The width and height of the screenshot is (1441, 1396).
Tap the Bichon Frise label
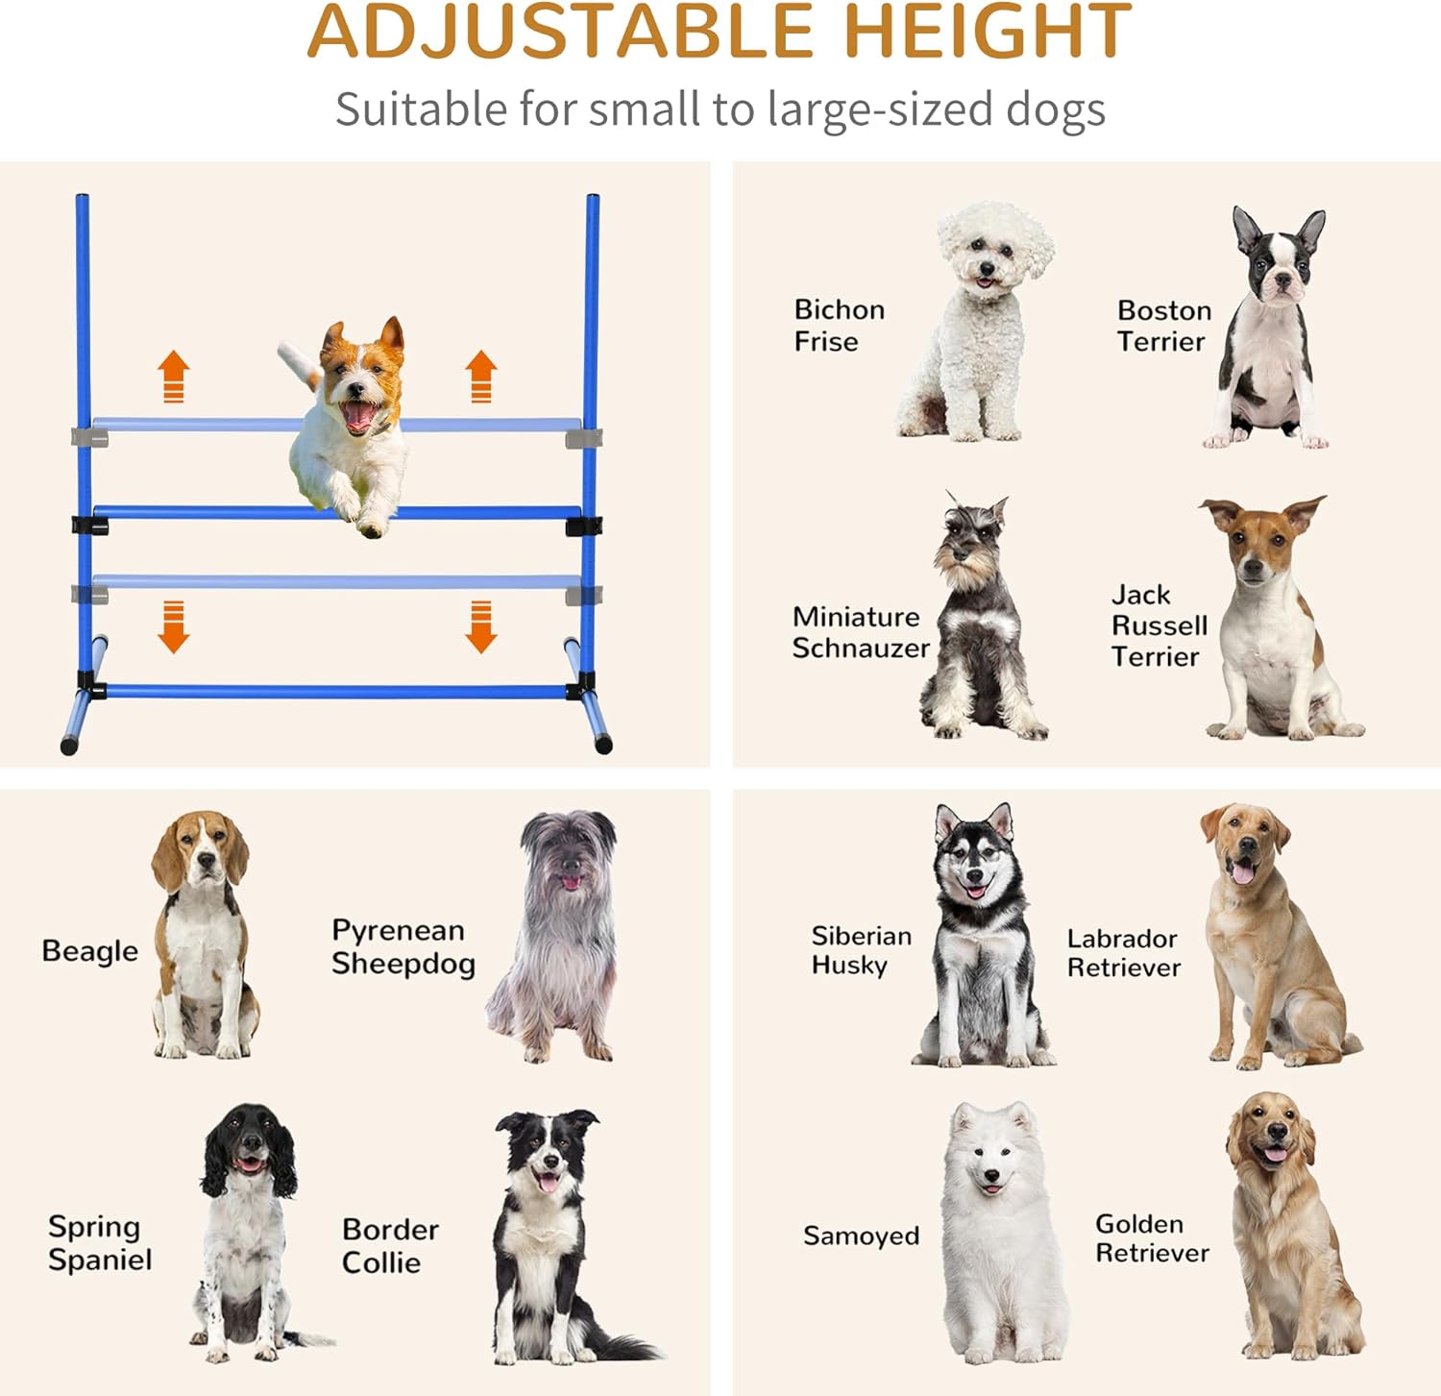839,325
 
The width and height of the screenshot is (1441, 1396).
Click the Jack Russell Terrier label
1158,625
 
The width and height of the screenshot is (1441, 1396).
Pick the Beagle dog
203,937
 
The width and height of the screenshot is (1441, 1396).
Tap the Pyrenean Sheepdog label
403,946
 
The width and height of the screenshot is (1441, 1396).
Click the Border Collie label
389,1245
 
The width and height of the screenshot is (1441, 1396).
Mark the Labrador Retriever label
1123,952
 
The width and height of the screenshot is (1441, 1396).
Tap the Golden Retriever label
1151,1237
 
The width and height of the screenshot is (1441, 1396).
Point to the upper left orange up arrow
174,376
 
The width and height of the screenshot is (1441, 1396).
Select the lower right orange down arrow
480,626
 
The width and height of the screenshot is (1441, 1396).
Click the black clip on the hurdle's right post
583,527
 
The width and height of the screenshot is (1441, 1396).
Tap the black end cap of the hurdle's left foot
68,746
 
